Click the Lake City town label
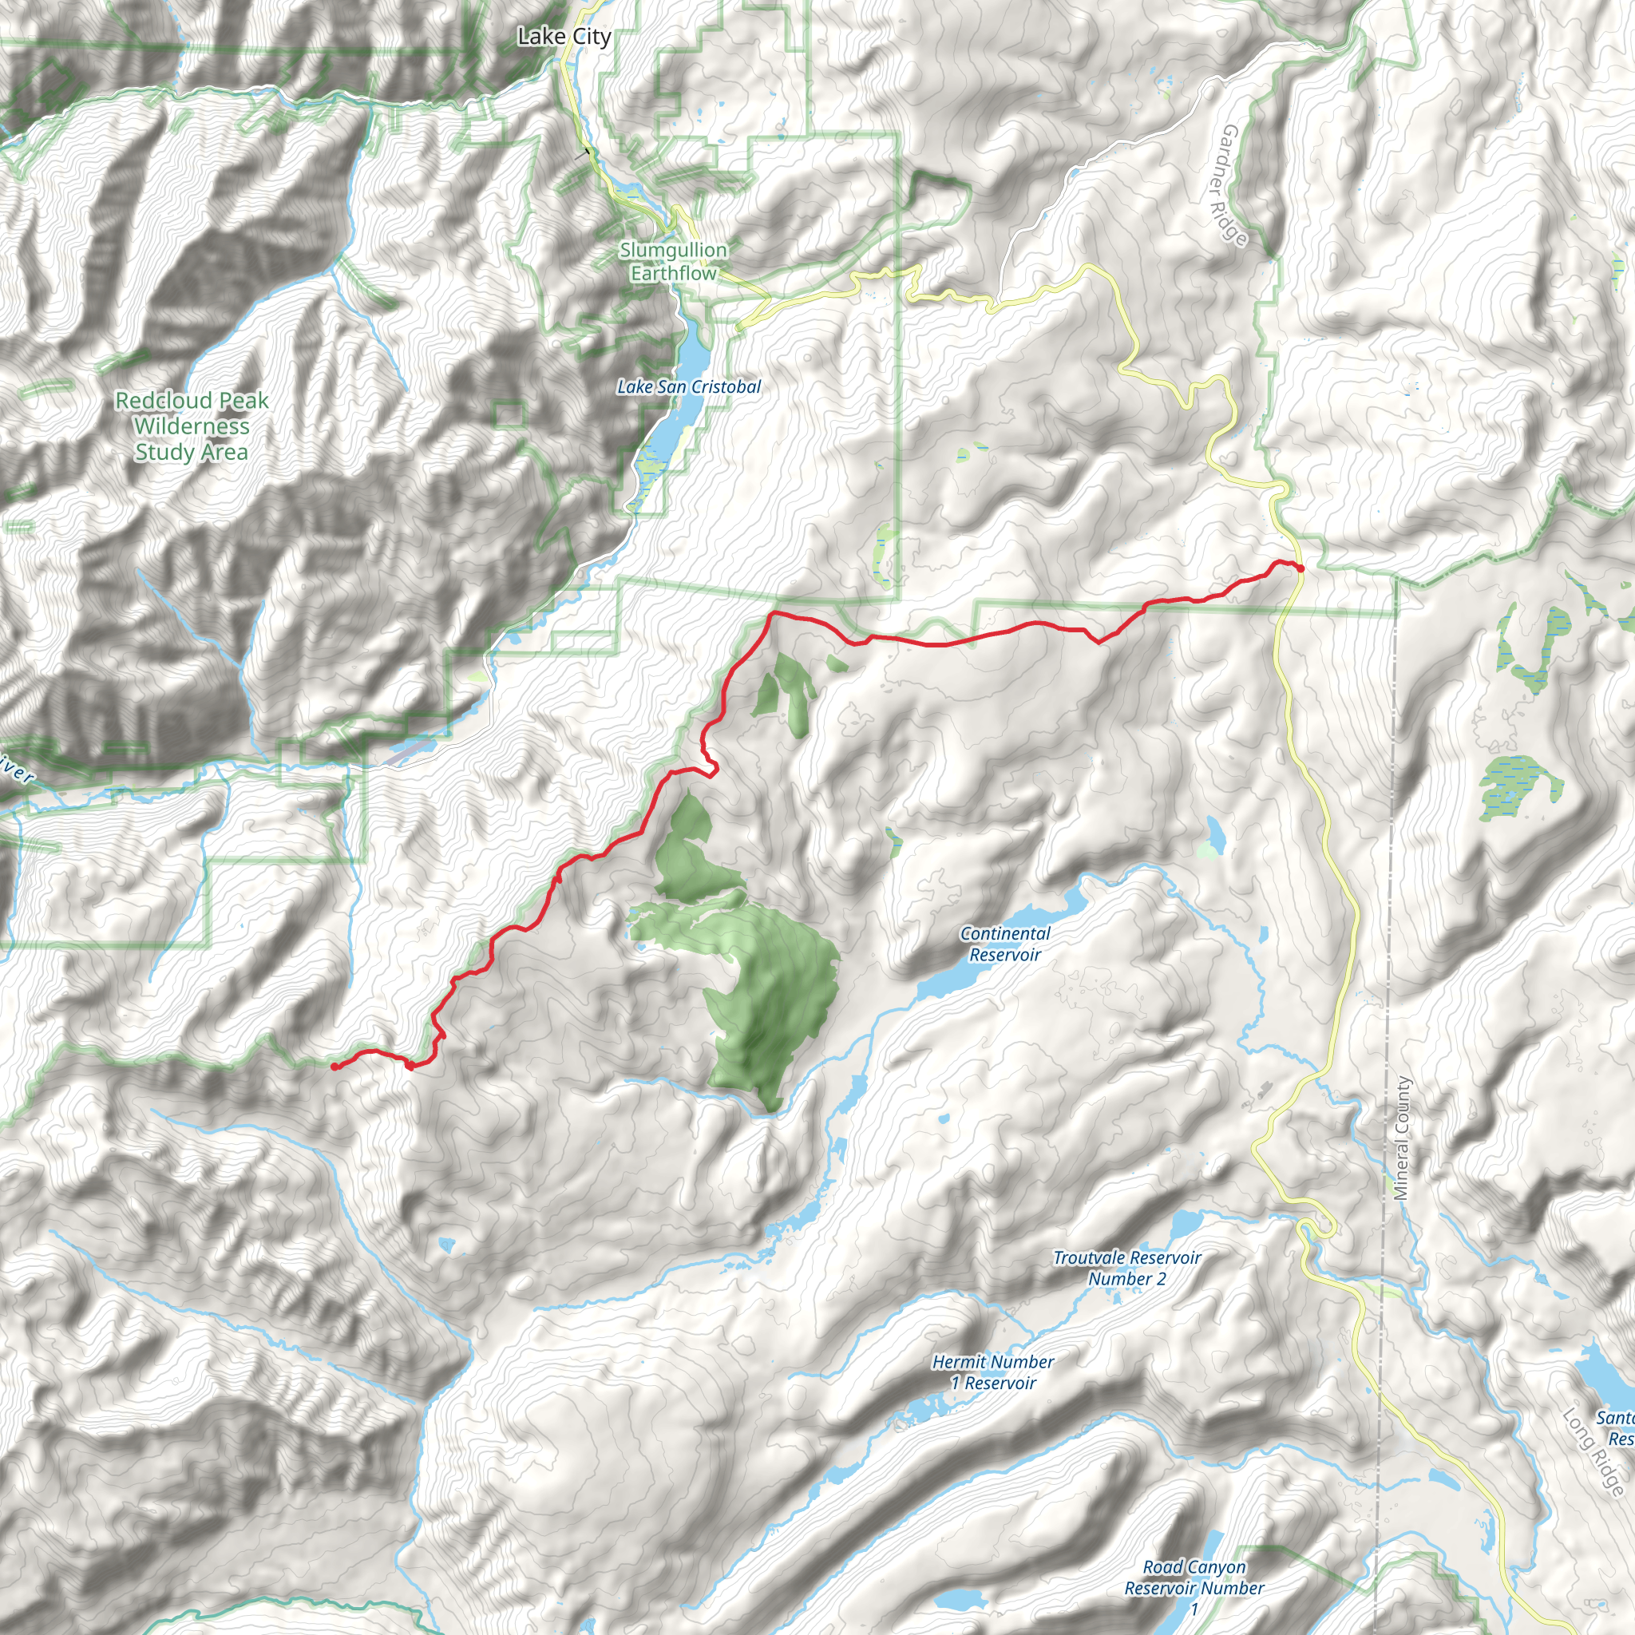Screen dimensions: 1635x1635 [564, 37]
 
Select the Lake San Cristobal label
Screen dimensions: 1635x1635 [689, 386]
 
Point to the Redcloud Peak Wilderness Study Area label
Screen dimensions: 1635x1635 [192, 426]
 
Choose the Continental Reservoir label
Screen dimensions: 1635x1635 [1004, 944]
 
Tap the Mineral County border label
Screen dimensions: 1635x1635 [1402, 1138]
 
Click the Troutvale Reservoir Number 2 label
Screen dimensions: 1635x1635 [1126, 1268]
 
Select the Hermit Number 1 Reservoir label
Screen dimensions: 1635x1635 [992, 1372]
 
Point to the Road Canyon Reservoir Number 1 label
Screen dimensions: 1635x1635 [1194, 1589]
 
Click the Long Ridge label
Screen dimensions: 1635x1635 [1593, 1451]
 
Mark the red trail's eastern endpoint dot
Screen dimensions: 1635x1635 [1300, 568]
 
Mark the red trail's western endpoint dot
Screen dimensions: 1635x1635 [335, 1067]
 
